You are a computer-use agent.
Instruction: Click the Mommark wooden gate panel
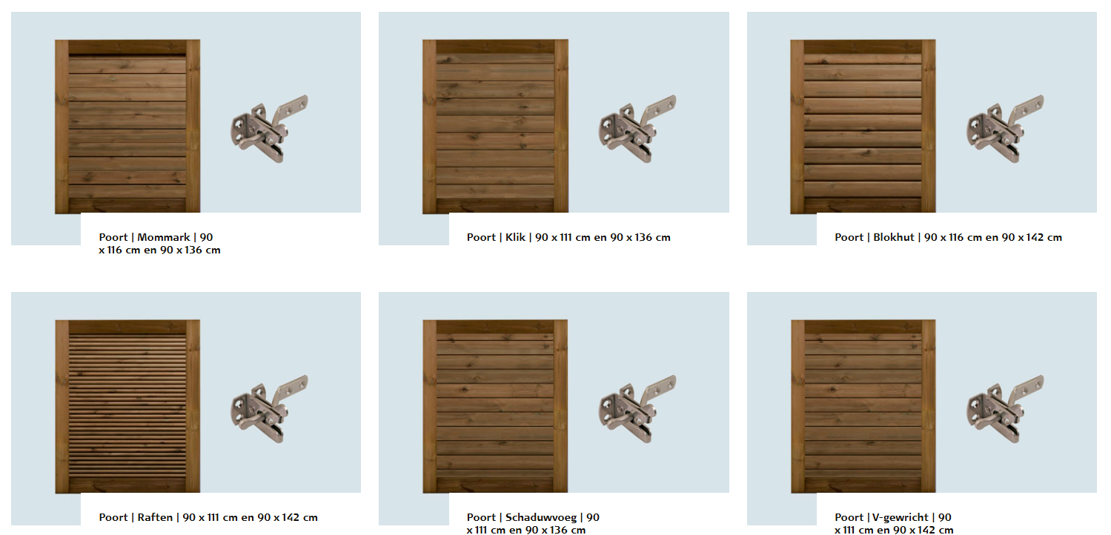point(127,127)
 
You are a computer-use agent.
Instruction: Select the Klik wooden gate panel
point(496,127)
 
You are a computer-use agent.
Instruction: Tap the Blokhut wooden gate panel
point(863,127)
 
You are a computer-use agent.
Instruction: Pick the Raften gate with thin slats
point(127,406)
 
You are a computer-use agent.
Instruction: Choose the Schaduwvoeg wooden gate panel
point(496,406)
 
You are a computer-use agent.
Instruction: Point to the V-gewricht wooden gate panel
point(863,406)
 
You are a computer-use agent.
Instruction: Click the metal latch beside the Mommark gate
point(268,129)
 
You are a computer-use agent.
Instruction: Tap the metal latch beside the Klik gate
point(637,129)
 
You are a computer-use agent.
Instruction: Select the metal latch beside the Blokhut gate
point(1004,129)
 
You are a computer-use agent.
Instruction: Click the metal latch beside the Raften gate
point(268,408)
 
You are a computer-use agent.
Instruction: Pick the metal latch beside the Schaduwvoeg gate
point(637,408)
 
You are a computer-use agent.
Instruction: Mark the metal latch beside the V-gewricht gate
point(1004,408)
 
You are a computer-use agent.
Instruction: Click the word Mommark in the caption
point(164,238)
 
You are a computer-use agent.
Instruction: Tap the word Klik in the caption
point(515,238)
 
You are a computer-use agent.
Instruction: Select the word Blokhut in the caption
point(894,238)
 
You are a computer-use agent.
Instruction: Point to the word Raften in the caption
point(155,518)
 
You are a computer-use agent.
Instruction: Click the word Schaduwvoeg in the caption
point(541,518)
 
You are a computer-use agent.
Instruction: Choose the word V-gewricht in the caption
point(901,518)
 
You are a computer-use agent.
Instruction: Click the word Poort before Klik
point(481,238)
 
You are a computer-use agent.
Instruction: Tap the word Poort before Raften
point(113,518)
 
